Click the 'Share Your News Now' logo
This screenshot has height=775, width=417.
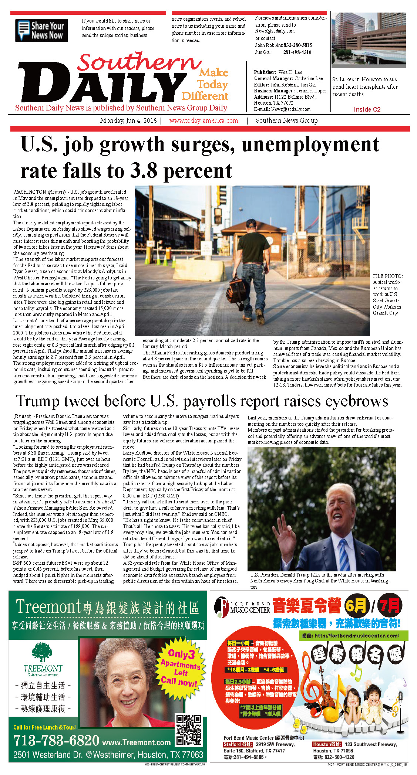[x=41, y=31]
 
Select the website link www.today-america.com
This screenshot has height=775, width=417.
[x=204, y=120]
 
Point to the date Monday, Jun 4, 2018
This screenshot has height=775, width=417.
[x=128, y=120]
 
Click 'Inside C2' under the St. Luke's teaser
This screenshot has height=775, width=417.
[x=367, y=109]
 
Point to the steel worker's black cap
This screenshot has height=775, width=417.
[x=252, y=223]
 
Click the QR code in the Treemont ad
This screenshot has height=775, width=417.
[x=189, y=730]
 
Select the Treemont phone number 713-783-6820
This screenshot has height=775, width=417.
[x=56, y=740]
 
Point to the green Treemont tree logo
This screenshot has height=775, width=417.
[x=42, y=652]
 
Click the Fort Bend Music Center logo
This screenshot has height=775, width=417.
[x=242, y=607]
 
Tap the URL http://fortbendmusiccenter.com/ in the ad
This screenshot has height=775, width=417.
[x=355, y=636]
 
